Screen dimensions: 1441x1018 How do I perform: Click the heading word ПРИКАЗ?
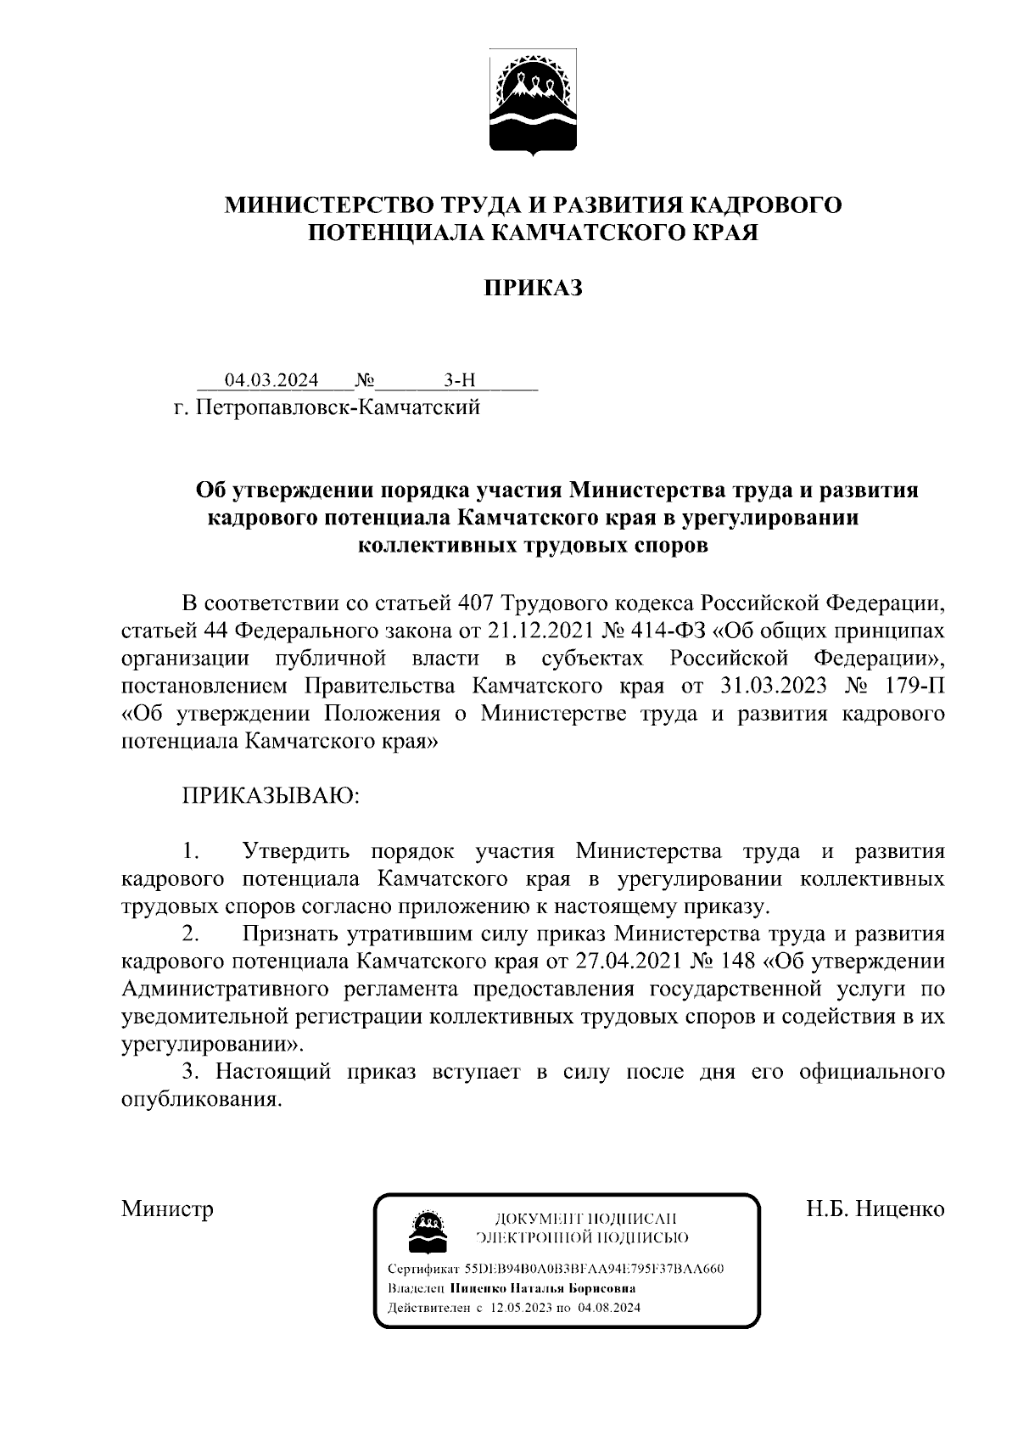click(533, 289)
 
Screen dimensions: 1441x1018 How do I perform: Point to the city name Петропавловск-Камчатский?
click(338, 407)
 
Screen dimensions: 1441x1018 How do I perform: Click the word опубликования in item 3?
click(200, 1100)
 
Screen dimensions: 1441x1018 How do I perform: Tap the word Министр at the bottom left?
click(167, 1208)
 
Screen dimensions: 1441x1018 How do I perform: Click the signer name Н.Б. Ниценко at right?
click(875, 1208)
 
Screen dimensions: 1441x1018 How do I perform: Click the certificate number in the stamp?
click(594, 1269)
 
